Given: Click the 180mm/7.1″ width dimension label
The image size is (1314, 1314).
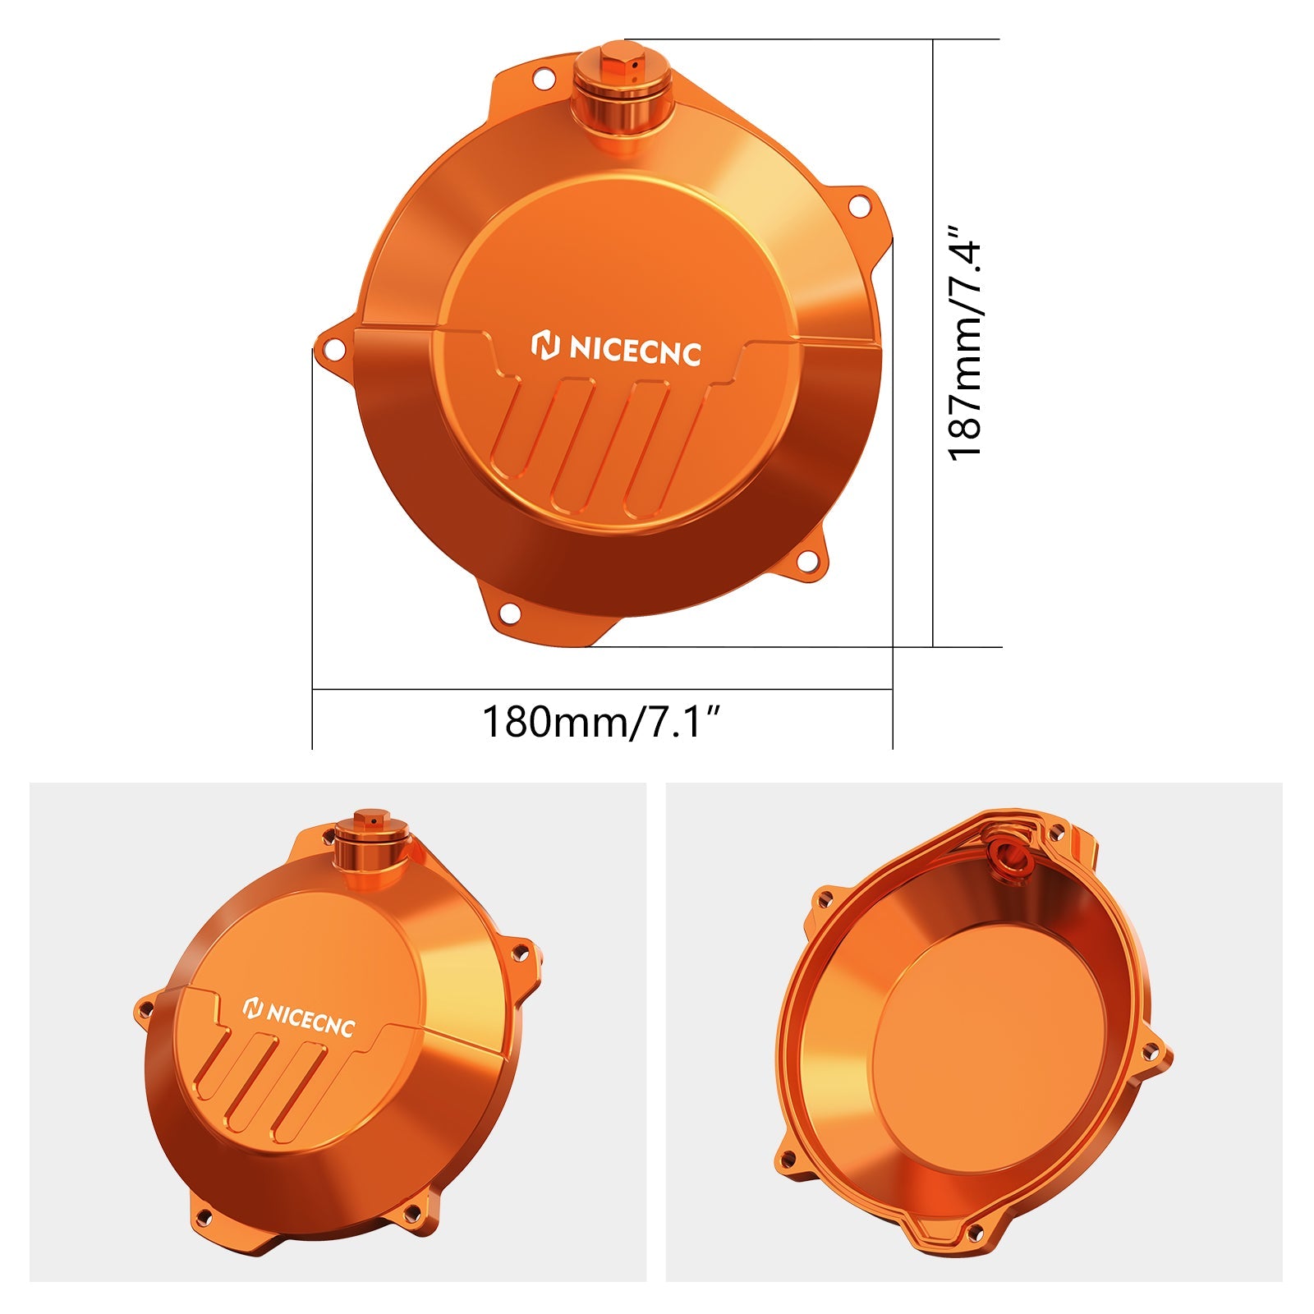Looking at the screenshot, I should pyautogui.click(x=601, y=722).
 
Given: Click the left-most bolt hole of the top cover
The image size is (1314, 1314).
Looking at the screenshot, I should pyautogui.click(x=333, y=349).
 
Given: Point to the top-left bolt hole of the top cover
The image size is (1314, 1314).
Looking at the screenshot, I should pyautogui.click(x=543, y=80).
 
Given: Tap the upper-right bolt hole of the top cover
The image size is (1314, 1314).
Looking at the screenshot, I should pyautogui.click(x=858, y=206).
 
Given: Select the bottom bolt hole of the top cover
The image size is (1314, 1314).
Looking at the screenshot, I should pyautogui.click(x=510, y=613).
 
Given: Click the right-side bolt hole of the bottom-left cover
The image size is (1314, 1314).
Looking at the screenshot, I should pyautogui.click(x=519, y=953).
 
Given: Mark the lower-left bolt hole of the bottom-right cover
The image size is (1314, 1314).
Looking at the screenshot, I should pyautogui.click(x=788, y=1158).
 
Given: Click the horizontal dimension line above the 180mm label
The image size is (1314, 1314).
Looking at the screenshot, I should pyautogui.click(x=602, y=690).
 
